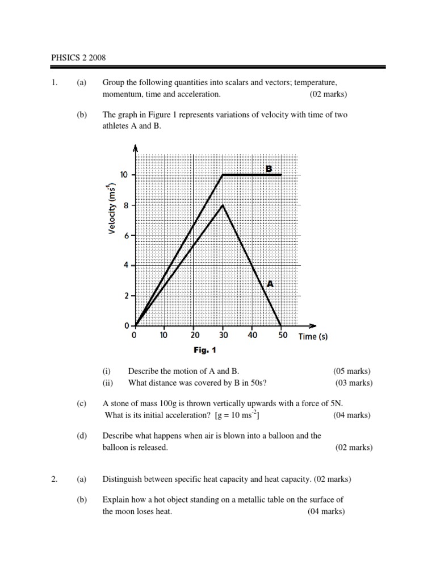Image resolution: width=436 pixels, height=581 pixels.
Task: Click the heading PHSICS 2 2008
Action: click(78, 58)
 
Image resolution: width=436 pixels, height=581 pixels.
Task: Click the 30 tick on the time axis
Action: click(223, 335)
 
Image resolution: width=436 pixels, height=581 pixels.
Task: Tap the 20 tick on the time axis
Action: click(194, 335)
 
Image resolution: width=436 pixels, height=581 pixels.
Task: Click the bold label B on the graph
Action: click(269, 168)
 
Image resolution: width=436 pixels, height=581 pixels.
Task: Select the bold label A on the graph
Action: click(270, 284)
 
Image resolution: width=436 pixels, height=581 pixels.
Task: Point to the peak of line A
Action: click(223, 205)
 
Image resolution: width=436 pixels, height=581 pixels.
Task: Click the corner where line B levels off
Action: click(223, 175)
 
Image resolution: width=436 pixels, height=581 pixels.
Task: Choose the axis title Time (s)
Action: click(313, 336)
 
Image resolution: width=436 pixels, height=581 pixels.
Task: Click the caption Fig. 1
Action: click(204, 350)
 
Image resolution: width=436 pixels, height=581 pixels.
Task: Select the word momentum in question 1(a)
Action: click(123, 94)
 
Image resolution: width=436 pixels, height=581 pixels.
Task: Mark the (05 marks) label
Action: click(352, 371)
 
